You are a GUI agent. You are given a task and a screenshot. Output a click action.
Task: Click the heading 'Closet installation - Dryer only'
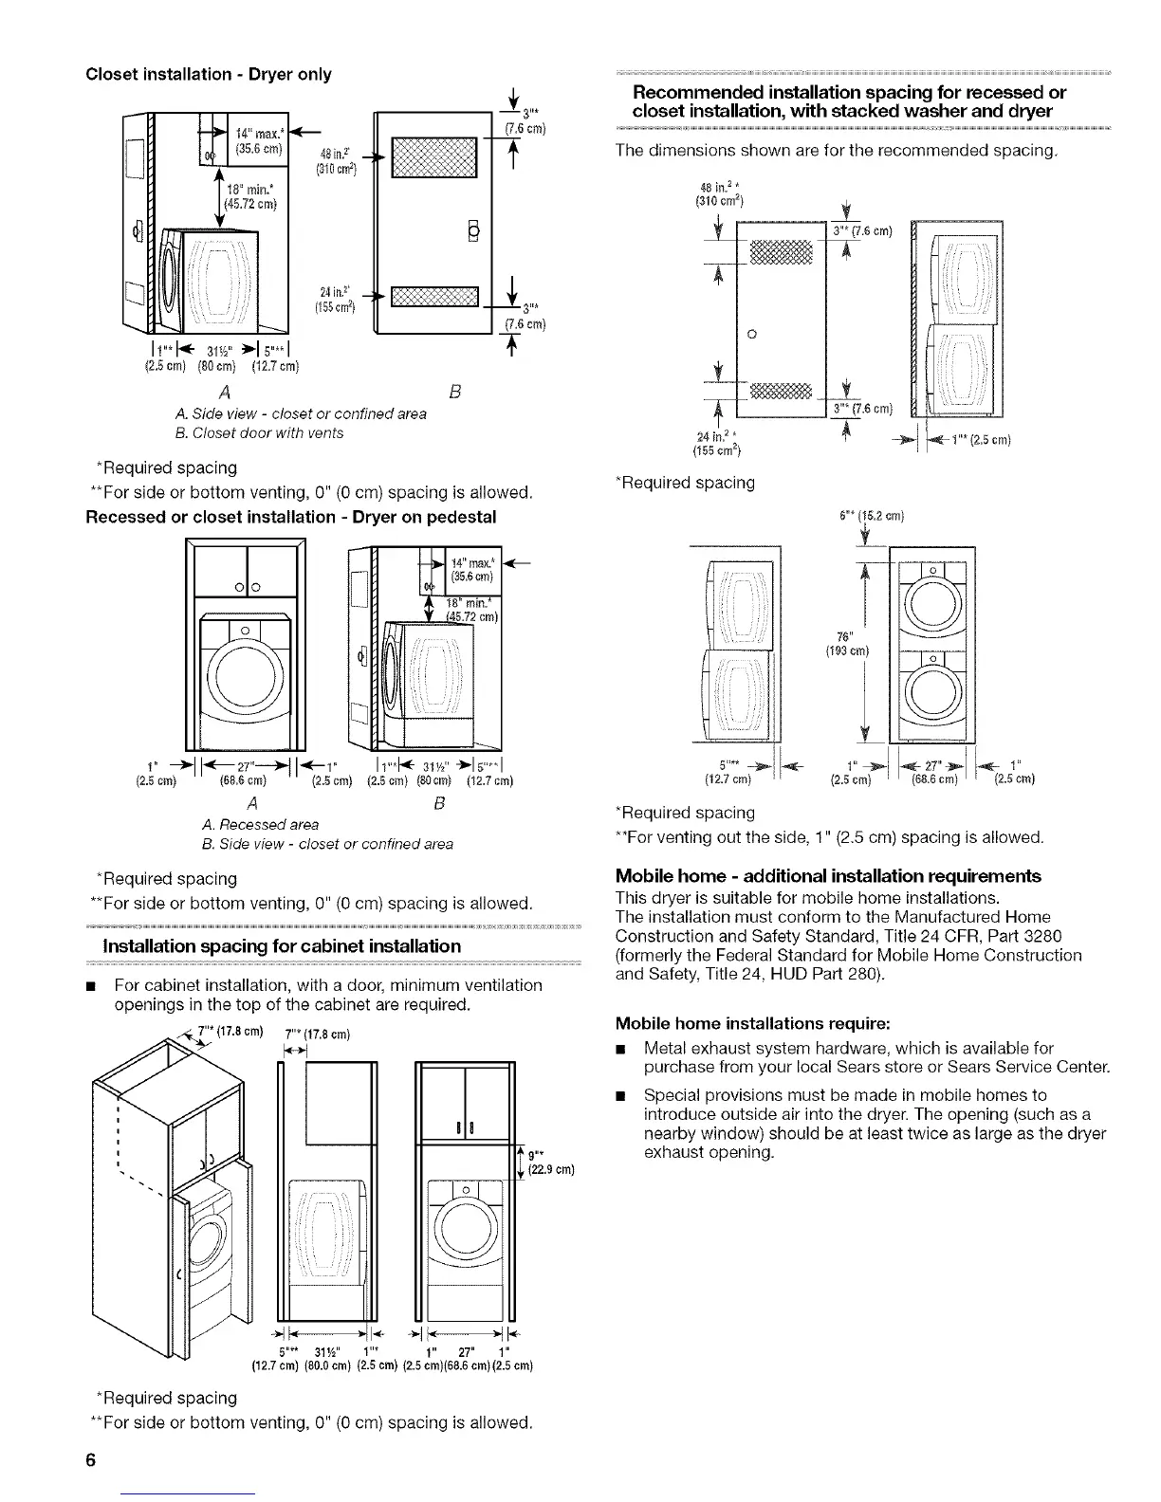pos(208,74)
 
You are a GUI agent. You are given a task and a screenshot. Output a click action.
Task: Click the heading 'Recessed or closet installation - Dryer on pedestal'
pos(291,517)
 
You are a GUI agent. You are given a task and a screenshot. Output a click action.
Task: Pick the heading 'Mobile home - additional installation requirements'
pos(828,875)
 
